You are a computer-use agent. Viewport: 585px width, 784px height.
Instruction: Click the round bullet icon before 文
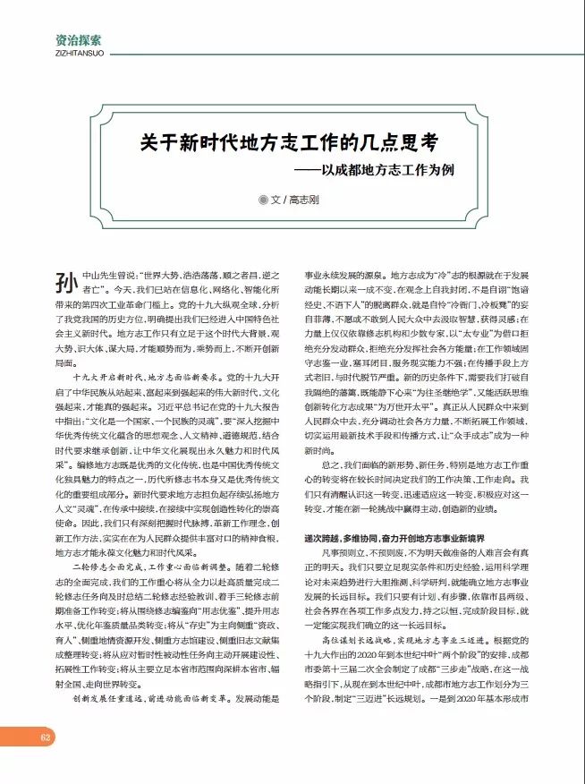(263, 200)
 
